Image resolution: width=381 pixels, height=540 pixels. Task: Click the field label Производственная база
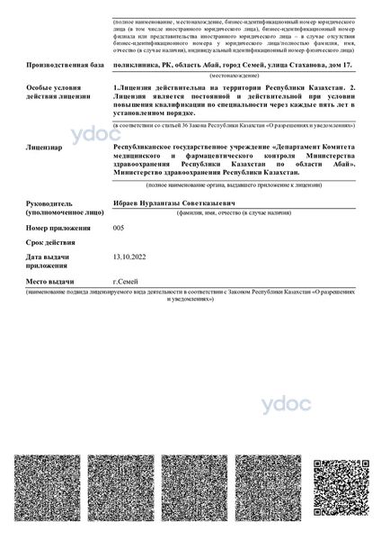[x=66, y=66]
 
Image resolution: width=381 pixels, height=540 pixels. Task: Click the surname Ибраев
[x=125, y=203]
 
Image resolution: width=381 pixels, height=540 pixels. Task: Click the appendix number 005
[x=118, y=230]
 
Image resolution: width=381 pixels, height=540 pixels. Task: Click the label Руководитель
[x=55, y=203]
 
